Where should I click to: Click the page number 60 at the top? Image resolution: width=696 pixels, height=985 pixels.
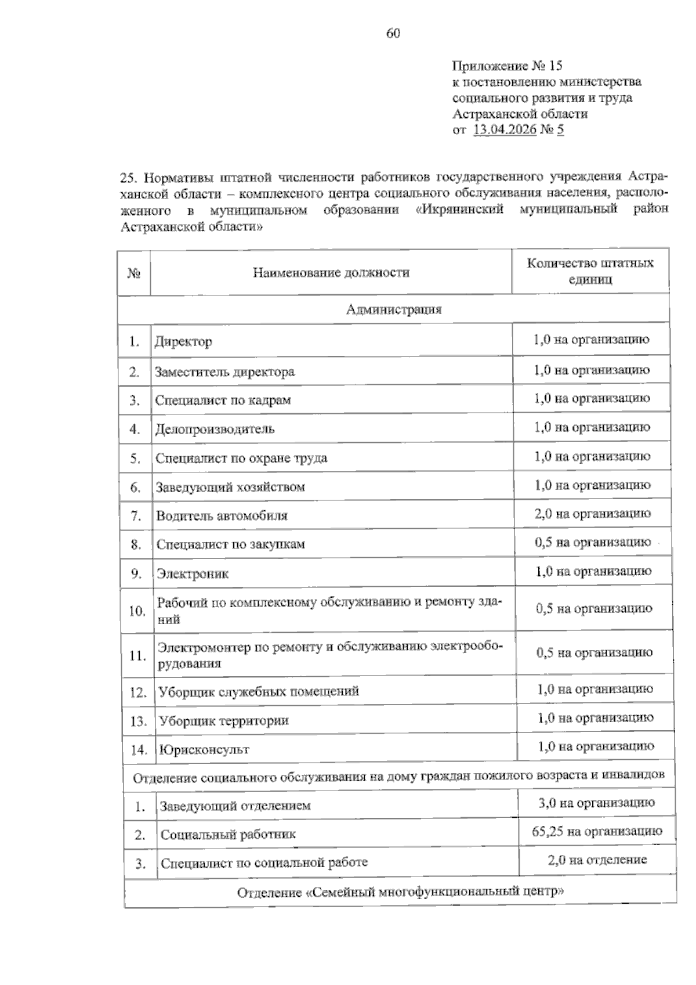tap(393, 34)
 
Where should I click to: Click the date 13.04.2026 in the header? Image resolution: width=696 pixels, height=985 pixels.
tap(504, 129)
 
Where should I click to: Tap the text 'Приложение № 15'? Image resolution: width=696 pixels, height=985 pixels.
tap(507, 66)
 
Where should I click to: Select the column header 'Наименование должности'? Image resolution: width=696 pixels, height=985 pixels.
tap(331, 272)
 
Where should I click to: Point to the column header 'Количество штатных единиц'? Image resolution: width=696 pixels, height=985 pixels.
tap(590, 271)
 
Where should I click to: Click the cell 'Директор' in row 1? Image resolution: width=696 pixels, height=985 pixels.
tap(183, 341)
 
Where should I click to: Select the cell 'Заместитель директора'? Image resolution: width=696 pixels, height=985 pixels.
tap(224, 371)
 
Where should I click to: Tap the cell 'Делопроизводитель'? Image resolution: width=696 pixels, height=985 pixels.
tap(215, 429)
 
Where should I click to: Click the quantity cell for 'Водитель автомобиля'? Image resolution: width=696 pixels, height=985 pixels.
tap(592, 514)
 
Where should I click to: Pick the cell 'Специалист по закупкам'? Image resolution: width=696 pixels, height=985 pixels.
tap(230, 544)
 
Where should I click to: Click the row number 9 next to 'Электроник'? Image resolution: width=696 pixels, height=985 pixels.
tap(136, 573)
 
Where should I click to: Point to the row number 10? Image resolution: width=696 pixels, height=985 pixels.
tap(137, 611)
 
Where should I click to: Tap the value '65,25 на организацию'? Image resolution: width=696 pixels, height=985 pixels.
tap(597, 832)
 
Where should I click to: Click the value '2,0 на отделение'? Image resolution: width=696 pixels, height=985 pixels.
tap(597, 860)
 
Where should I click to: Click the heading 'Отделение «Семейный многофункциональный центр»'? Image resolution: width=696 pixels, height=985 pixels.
tap(400, 892)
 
